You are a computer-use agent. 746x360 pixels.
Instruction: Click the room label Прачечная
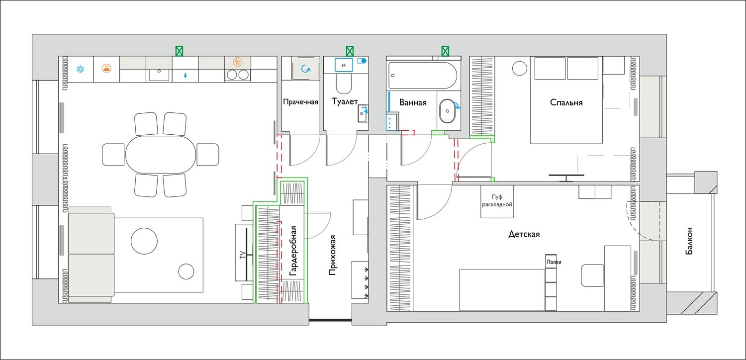[x=300, y=102]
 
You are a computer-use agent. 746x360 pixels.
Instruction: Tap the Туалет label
[x=345, y=101]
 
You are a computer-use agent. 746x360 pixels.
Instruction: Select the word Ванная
[x=413, y=102]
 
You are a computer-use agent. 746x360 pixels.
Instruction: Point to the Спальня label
[x=566, y=102]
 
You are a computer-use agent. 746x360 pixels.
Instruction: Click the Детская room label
[x=524, y=235]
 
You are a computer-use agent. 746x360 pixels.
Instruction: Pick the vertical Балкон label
[x=689, y=241]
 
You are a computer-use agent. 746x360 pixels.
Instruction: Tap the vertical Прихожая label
[x=332, y=255]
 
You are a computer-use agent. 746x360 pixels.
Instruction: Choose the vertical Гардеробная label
[x=293, y=251]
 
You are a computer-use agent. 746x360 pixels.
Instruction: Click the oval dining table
[x=161, y=154]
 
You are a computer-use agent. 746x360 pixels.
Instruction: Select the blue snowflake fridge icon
[x=80, y=69]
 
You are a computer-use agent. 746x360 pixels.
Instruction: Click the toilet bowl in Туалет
[x=344, y=83]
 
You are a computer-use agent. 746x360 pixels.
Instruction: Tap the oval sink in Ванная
[x=447, y=111]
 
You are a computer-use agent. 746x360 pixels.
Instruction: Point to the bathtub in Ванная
[x=422, y=75]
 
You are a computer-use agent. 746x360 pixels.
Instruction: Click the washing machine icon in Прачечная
[x=306, y=69]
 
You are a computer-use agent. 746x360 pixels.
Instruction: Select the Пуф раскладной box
[x=497, y=201]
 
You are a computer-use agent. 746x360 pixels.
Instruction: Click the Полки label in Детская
[x=554, y=262]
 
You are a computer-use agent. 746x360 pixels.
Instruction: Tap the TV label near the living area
[x=243, y=255]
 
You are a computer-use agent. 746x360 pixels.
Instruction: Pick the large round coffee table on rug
[x=144, y=241]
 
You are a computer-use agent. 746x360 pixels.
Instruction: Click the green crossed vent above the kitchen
[x=179, y=51]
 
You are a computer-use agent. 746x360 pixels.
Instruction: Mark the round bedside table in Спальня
[x=519, y=68]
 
